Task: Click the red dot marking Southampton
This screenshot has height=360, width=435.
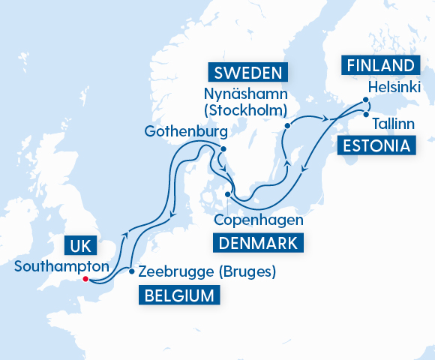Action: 85,279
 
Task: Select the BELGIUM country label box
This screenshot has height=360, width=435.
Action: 178,295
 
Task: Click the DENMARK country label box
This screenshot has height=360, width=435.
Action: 259,242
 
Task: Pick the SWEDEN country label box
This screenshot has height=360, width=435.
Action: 247,73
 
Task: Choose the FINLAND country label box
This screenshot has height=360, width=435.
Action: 379,64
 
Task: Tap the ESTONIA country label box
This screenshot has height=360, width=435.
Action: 376,145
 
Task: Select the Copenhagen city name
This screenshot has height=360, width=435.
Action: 259,220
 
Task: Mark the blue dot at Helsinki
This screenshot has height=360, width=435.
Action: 365,100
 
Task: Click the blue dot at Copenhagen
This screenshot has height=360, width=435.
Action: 228,194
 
